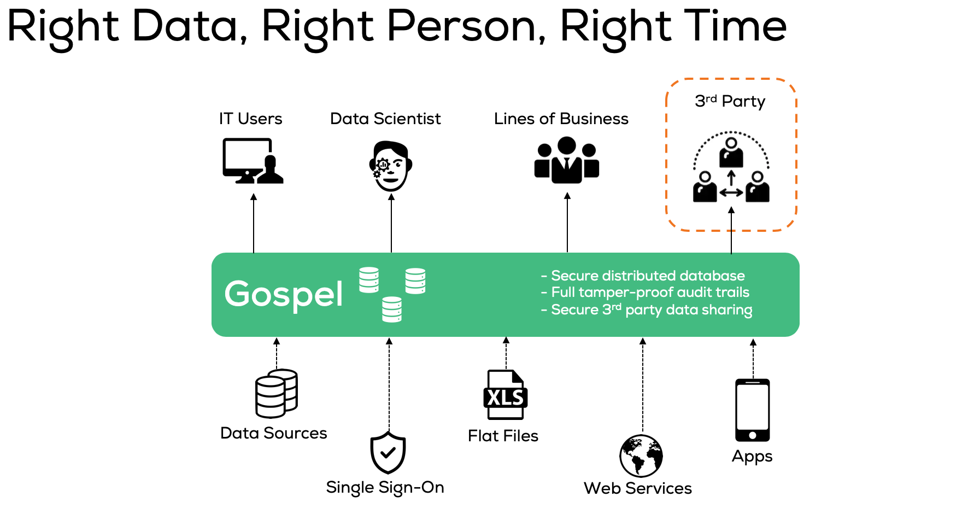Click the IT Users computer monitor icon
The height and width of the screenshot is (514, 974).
253,161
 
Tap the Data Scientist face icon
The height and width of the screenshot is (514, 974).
390,166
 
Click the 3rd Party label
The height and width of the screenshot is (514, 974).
730,101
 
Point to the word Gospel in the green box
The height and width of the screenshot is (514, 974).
284,294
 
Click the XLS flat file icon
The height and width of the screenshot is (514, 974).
506,395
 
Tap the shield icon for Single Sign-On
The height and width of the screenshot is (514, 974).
388,452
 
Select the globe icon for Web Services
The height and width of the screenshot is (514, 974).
641,456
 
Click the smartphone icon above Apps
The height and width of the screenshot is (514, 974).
753,410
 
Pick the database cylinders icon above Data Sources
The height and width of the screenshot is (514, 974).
277,393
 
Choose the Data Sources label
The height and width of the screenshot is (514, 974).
273,433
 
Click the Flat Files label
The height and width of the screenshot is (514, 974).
503,436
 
